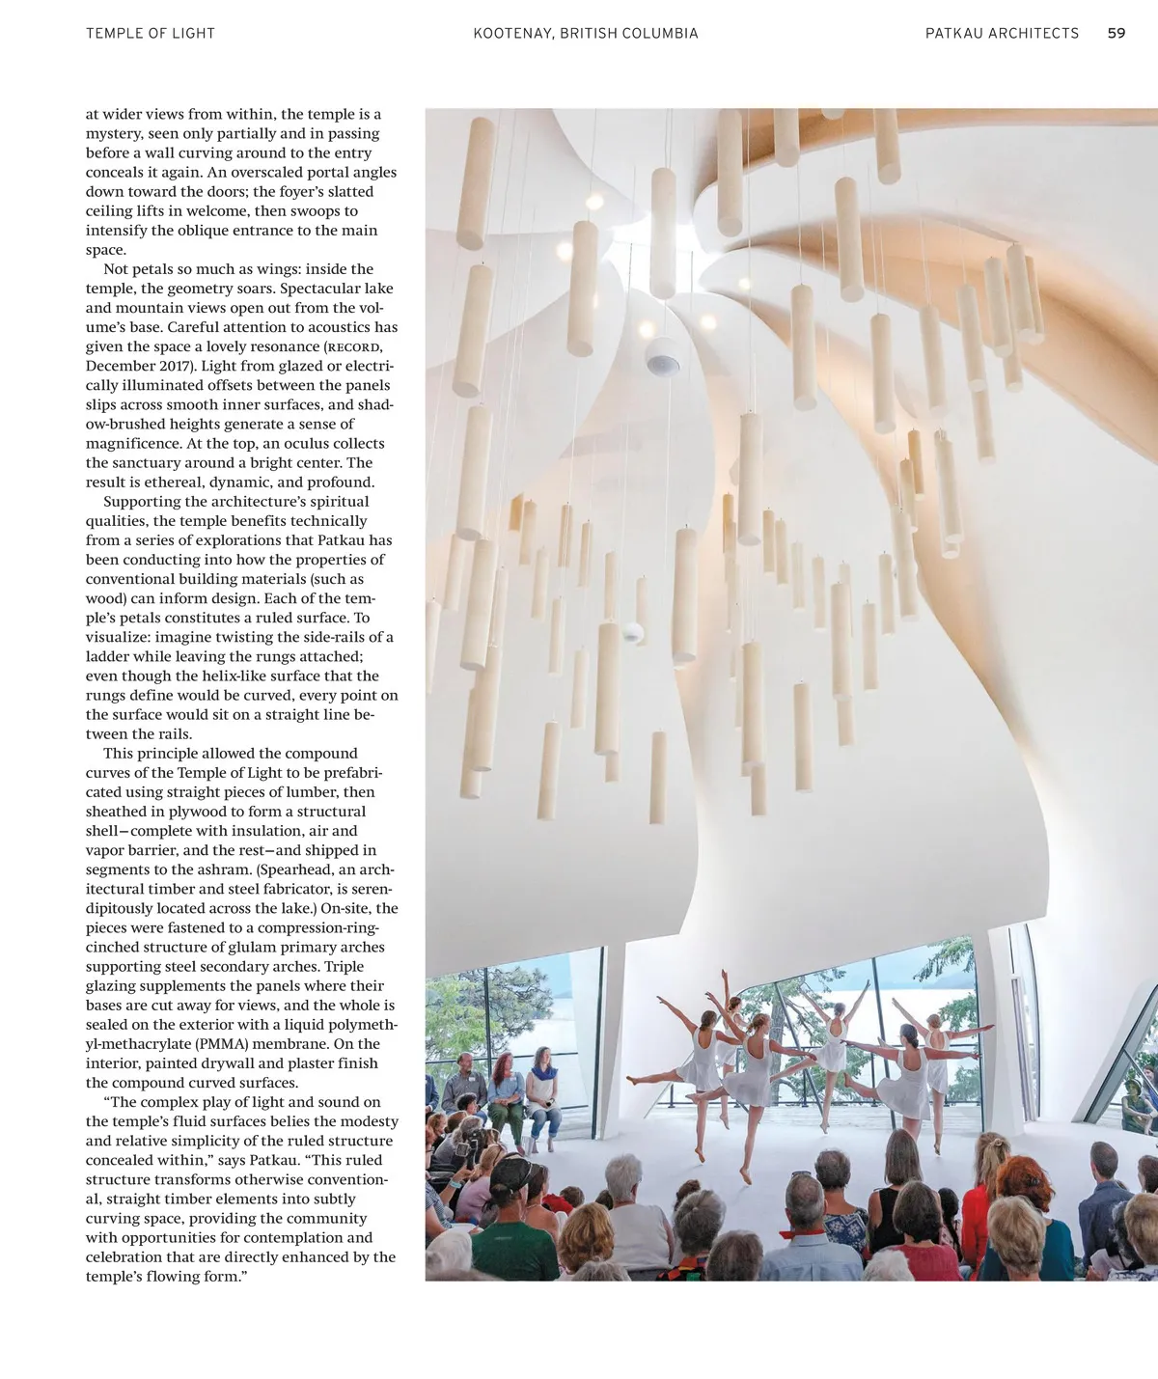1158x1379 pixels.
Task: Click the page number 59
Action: click(1116, 33)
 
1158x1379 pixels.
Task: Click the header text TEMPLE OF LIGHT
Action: click(151, 33)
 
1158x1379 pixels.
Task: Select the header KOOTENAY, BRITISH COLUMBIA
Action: click(586, 33)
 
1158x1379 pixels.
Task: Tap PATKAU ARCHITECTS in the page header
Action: click(1002, 33)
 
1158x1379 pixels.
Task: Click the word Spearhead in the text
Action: click(295, 869)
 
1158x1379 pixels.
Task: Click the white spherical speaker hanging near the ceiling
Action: click(663, 357)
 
